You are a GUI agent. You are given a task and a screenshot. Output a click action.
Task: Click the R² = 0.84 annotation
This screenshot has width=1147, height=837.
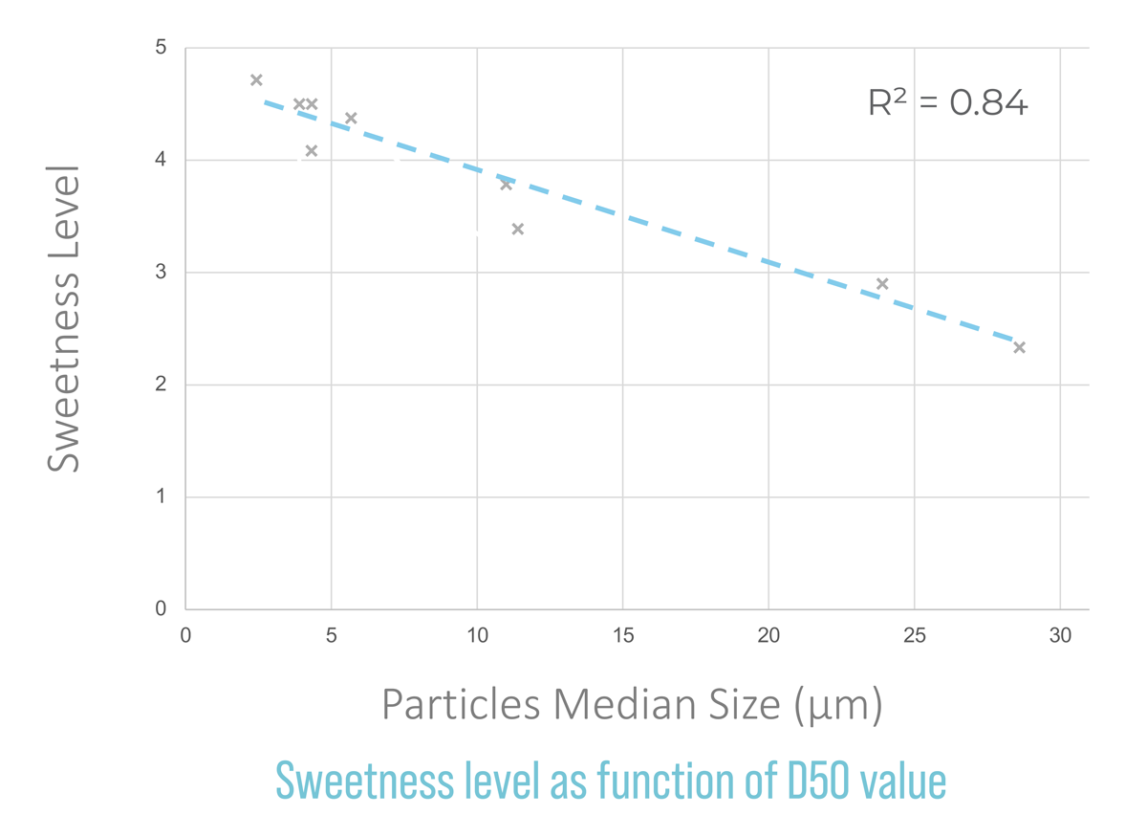click(x=947, y=101)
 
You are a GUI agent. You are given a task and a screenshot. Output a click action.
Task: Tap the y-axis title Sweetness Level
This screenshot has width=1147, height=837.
click(x=64, y=319)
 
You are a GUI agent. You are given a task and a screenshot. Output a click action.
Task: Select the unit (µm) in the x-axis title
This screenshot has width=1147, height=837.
click(x=838, y=706)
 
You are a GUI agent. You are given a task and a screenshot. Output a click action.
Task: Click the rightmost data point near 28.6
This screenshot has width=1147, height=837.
click(x=1019, y=347)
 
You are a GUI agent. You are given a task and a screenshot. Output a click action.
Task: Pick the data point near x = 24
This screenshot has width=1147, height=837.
click(x=882, y=284)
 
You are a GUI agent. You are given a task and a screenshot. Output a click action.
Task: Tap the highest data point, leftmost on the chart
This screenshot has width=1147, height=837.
click(x=256, y=80)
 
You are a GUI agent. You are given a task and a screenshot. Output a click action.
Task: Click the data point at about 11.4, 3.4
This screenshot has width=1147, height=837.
click(x=518, y=230)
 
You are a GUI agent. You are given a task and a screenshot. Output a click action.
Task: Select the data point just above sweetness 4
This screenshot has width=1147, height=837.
click(x=312, y=151)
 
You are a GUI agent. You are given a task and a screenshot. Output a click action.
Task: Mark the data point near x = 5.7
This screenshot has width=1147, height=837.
click(x=351, y=119)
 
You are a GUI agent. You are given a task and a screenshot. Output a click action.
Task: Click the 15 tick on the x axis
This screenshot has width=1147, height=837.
click(x=623, y=635)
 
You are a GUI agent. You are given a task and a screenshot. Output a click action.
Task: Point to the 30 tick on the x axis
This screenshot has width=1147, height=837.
click(x=1060, y=635)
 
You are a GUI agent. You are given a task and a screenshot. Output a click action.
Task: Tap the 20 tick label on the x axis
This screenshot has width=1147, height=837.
click(x=768, y=635)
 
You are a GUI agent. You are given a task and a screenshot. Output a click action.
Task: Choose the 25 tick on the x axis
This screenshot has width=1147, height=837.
click(x=915, y=635)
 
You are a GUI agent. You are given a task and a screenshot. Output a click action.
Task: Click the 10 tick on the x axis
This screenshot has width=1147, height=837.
click(x=477, y=635)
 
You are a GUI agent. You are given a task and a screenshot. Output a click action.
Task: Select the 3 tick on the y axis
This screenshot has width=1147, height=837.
click(x=162, y=273)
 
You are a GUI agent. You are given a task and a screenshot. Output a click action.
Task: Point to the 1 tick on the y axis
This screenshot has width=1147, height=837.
click(x=162, y=497)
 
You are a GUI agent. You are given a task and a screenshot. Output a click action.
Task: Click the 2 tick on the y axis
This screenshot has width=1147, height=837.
click(x=162, y=385)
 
